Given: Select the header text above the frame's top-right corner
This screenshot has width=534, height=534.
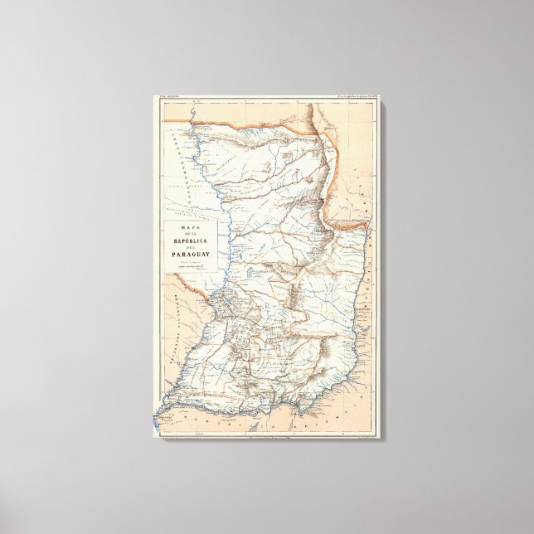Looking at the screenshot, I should (x=353, y=99).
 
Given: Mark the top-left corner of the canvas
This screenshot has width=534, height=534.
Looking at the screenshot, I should (x=154, y=95).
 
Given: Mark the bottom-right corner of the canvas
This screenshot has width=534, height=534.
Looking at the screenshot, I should (x=382, y=439).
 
